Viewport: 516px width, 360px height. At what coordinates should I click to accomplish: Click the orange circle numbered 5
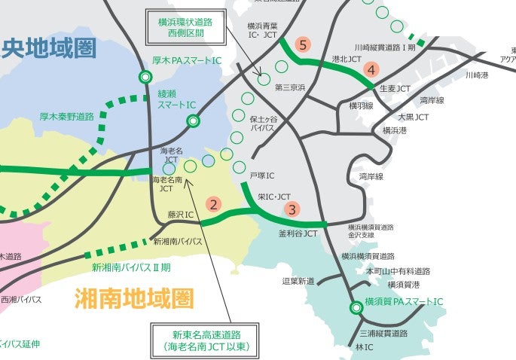click(303, 45)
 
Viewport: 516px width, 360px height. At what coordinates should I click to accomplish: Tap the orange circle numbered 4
click(371, 70)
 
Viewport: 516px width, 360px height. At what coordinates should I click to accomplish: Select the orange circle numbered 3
click(293, 210)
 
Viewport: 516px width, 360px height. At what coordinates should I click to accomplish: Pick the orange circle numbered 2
click(215, 203)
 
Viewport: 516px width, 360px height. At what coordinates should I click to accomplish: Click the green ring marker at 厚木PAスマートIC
click(145, 77)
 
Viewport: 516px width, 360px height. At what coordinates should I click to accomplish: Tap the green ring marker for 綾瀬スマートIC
click(194, 120)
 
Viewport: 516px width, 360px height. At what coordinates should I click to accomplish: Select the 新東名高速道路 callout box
click(205, 341)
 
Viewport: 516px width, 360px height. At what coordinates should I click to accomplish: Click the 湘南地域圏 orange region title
click(134, 299)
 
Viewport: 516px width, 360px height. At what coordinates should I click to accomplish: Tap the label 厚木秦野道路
click(67, 117)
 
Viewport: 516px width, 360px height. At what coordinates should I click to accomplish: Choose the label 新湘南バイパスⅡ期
click(131, 267)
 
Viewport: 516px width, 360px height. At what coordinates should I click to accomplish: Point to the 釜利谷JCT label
click(298, 233)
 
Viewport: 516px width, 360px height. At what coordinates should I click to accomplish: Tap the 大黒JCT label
click(413, 117)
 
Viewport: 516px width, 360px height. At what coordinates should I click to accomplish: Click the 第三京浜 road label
click(290, 87)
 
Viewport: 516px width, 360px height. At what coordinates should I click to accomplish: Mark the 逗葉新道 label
click(298, 281)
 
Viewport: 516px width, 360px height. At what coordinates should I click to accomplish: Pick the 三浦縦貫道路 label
click(384, 332)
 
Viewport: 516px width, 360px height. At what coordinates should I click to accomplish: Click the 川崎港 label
click(477, 75)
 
